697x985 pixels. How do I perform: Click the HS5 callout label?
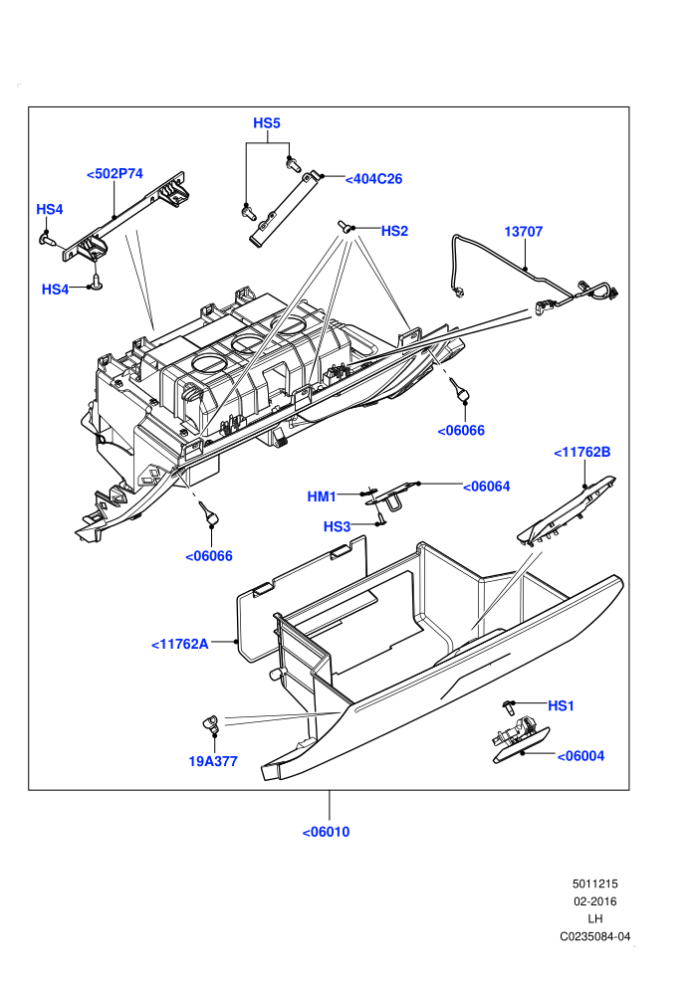click(x=267, y=123)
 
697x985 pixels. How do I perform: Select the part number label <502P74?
click(x=115, y=174)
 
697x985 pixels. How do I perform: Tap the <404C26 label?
click(x=373, y=179)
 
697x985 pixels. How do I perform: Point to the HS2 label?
click(x=394, y=231)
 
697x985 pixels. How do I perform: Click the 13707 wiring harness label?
click(x=523, y=232)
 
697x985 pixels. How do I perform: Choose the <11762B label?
click(x=581, y=453)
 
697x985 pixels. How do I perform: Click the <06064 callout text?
click(x=487, y=487)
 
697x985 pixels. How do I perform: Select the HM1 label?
click(x=322, y=496)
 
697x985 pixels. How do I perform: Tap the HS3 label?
click(x=337, y=526)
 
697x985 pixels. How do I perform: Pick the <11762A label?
click(x=180, y=644)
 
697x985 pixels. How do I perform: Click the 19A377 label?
click(x=213, y=761)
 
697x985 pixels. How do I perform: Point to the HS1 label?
click(x=561, y=706)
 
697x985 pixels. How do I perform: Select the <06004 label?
click(x=581, y=756)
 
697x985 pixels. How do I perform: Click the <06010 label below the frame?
click(x=326, y=833)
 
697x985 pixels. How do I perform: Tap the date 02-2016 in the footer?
click(x=595, y=901)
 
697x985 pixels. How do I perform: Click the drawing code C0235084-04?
click(x=595, y=936)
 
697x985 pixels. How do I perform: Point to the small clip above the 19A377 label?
click(x=210, y=724)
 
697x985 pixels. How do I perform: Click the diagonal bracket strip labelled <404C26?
click(x=284, y=210)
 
